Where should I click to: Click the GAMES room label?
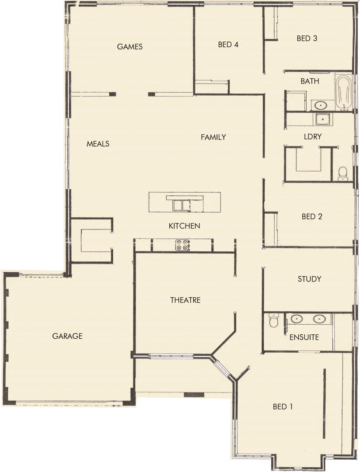click(x=130, y=47)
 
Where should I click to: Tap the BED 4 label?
click(x=228, y=45)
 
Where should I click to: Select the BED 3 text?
click(x=307, y=38)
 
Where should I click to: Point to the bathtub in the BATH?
click(x=343, y=93)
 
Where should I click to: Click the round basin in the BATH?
click(x=321, y=105)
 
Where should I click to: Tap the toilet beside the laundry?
click(x=343, y=173)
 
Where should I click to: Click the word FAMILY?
click(x=213, y=137)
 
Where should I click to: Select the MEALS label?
click(x=98, y=144)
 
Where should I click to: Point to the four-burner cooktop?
click(x=182, y=245)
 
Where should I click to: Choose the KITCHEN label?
click(x=185, y=226)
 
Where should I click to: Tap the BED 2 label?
click(x=312, y=216)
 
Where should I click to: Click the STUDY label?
click(x=309, y=279)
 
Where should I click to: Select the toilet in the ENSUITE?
click(x=274, y=321)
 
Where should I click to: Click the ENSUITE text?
click(x=304, y=337)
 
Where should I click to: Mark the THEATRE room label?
click(x=185, y=300)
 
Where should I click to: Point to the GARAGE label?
click(x=67, y=336)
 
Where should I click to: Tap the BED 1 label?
click(x=283, y=407)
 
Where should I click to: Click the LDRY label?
click(x=312, y=137)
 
